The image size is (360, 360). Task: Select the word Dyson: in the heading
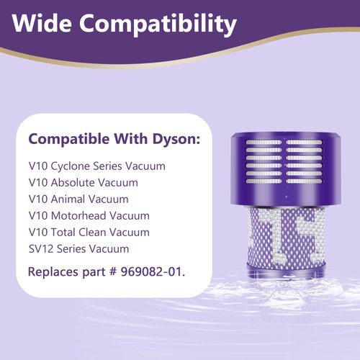click(174, 139)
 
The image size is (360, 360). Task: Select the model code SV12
click(40, 249)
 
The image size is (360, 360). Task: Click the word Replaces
click(52, 272)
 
